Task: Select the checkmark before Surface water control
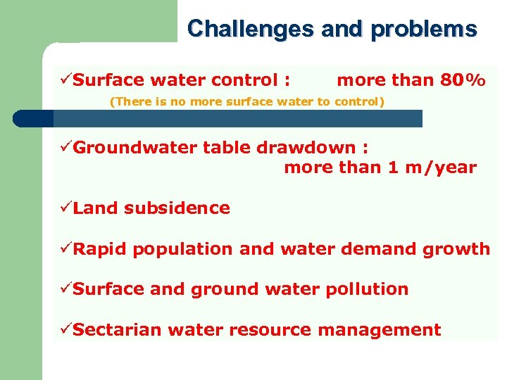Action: click(x=65, y=80)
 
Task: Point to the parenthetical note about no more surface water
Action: click(x=247, y=101)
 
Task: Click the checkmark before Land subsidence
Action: click(x=65, y=208)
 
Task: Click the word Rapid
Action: click(x=100, y=249)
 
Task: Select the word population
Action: click(x=184, y=249)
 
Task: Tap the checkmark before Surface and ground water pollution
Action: click(x=65, y=289)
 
